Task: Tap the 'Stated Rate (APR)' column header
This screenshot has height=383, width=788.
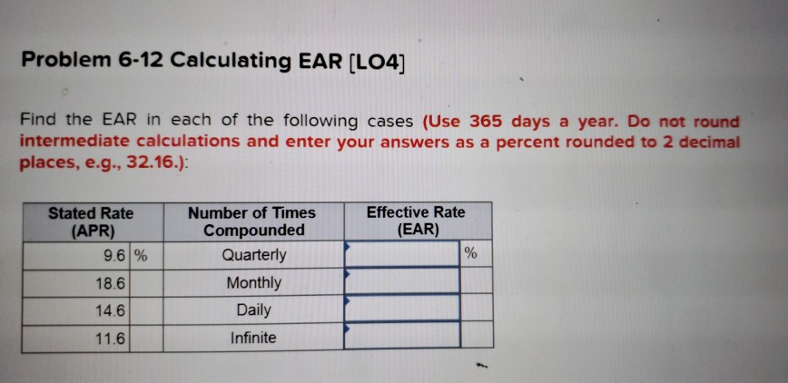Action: (90, 221)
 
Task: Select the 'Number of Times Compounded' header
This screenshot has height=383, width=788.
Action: (251, 221)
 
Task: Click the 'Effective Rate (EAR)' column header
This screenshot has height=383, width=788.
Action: (415, 221)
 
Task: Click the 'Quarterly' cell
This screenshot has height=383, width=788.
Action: (253, 255)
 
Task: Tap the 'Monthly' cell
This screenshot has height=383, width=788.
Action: (253, 283)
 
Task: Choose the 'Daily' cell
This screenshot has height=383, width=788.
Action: (253, 310)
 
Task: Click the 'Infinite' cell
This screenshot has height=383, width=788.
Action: (253, 339)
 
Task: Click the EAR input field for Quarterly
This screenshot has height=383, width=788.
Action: (401, 254)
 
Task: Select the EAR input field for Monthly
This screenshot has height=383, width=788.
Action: (401, 281)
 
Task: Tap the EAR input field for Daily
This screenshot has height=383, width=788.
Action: (401, 309)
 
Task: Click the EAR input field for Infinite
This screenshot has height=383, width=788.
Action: (401, 336)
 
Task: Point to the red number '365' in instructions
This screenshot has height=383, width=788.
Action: (485, 122)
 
